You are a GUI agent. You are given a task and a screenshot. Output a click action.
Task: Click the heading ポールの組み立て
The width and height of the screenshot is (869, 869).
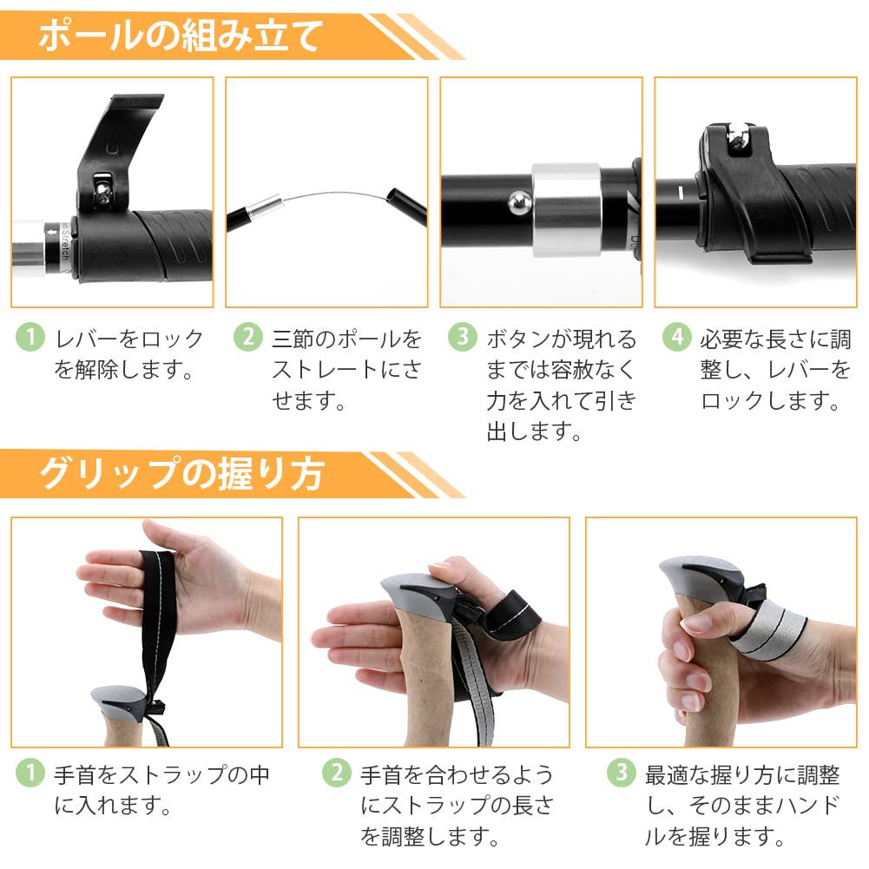[x=181, y=36]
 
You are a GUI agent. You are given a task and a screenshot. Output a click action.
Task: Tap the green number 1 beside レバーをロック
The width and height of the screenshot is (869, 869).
[x=30, y=337]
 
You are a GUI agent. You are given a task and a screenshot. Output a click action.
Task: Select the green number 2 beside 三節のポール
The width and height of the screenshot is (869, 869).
[x=248, y=337]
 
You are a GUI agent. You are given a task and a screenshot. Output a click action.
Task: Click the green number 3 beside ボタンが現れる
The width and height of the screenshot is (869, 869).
[x=463, y=337]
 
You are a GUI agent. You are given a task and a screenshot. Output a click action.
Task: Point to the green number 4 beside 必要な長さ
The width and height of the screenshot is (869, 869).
[x=677, y=337]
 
